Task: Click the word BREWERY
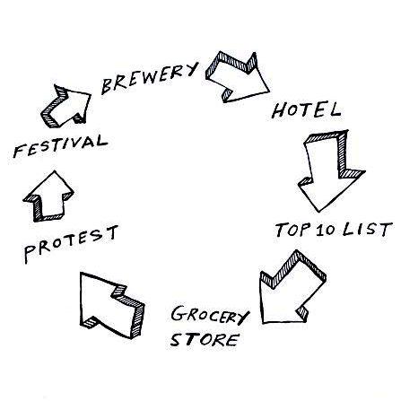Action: [x=150, y=77]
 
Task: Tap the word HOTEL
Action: [x=306, y=109]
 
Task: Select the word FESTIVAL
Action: [x=60, y=146]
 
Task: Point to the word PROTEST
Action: [x=71, y=244]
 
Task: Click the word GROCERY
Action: [x=210, y=315]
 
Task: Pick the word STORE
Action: [x=205, y=339]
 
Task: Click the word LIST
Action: [x=367, y=230]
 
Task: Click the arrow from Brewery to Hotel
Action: [x=238, y=77]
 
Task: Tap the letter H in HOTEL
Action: [x=279, y=110]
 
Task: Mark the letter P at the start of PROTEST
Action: [x=31, y=254]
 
